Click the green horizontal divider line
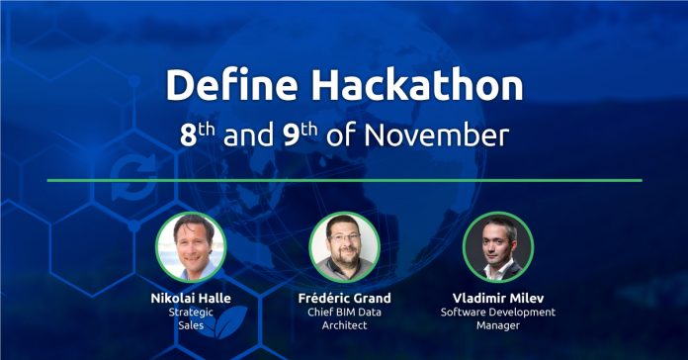click(x=344, y=180)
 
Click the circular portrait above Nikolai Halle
click(x=191, y=247)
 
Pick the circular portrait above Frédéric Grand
click(x=344, y=247)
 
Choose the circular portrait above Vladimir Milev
click(x=497, y=247)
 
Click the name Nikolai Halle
click(x=191, y=298)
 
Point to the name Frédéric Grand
click(x=344, y=298)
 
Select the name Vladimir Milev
click(x=497, y=298)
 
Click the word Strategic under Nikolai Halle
click(x=191, y=313)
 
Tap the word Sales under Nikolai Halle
click(x=191, y=326)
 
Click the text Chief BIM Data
click(x=344, y=313)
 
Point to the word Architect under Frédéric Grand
click(x=344, y=326)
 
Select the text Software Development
click(x=497, y=313)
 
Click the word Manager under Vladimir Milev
click(x=497, y=326)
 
